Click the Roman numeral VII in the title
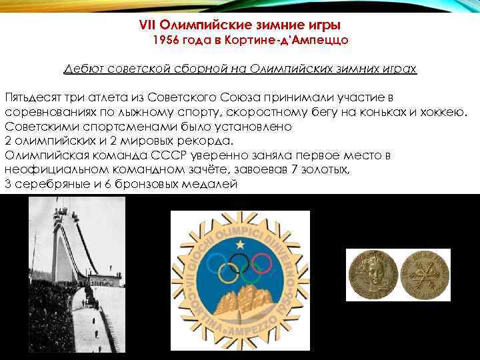[147, 25]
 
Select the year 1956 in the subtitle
[167, 41]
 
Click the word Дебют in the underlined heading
[81, 69]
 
